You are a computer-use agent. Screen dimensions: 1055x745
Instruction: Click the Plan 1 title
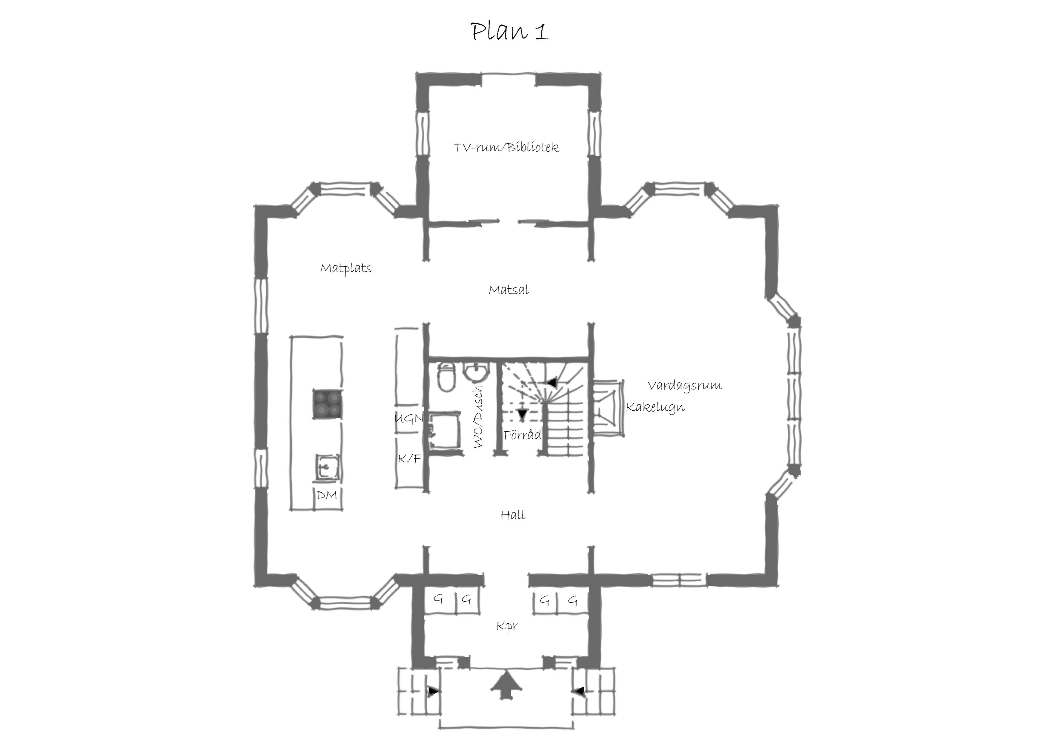point(509,32)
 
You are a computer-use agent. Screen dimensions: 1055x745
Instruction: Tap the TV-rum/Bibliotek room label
point(506,147)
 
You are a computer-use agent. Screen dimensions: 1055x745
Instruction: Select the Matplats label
point(346,268)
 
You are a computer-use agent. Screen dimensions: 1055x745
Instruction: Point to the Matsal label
point(509,290)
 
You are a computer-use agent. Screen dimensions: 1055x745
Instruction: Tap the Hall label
point(513,515)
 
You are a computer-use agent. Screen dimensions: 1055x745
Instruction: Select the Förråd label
point(522,435)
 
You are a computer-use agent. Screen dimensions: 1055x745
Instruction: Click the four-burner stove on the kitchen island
point(328,404)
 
